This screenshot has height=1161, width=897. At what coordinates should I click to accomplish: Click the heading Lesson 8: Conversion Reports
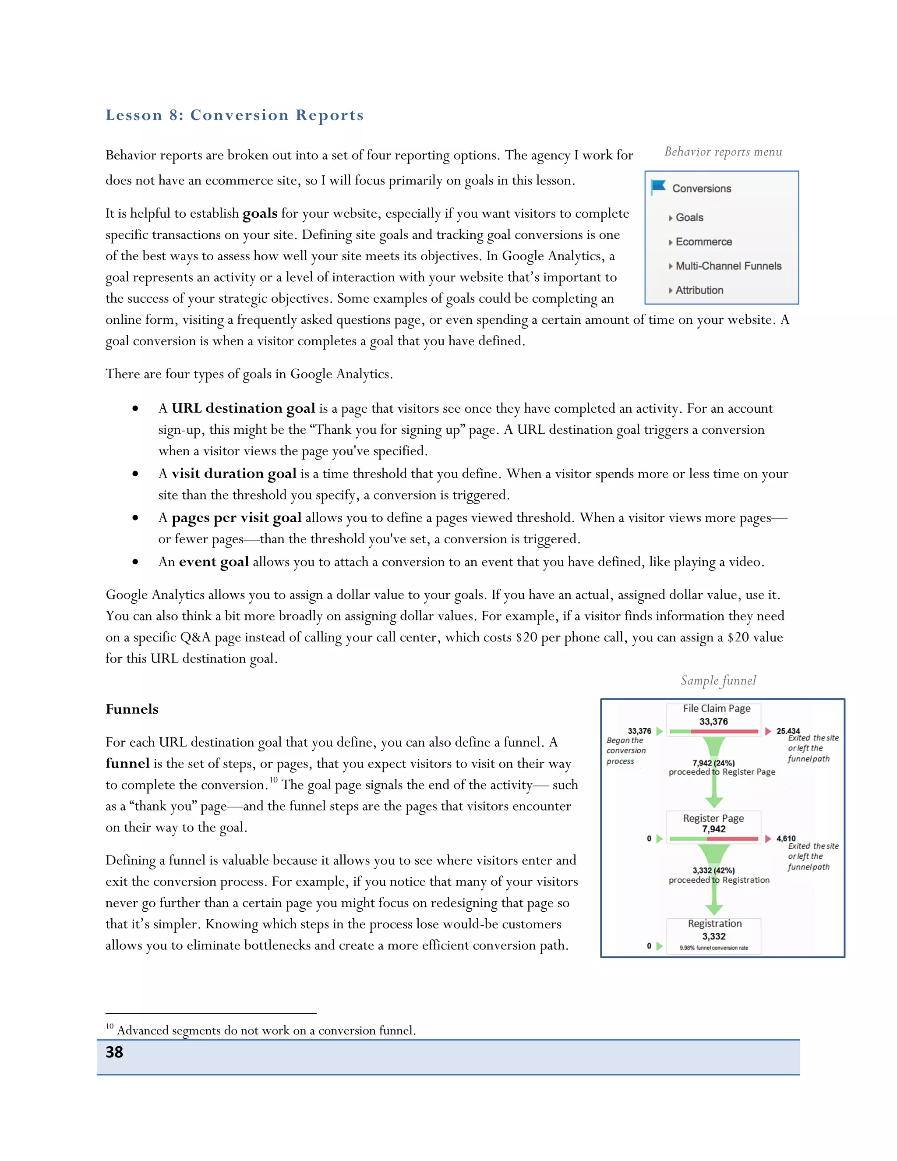click(x=234, y=115)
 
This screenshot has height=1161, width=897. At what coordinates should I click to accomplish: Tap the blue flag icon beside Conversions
click(x=658, y=187)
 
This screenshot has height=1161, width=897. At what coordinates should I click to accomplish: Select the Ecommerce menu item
click(x=703, y=242)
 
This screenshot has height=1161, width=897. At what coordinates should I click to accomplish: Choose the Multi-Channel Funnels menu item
click(x=728, y=266)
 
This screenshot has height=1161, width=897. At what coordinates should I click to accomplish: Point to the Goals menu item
click(x=689, y=217)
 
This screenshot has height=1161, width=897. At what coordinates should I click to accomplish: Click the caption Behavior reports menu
click(x=723, y=152)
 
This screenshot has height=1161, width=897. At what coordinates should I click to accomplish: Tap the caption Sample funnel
click(x=718, y=680)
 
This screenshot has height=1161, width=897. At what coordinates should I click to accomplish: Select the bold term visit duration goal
click(x=234, y=474)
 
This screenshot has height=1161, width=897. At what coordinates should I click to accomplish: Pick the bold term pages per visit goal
click(x=236, y=518)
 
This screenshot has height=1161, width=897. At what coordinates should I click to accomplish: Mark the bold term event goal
click(x=214, y=562)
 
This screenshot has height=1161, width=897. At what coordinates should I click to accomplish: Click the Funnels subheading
click(x=132, y=709)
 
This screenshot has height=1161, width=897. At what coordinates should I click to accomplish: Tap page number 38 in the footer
click(x=114, y=1052)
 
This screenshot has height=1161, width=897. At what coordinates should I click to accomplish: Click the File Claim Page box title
click(x=716, y=708)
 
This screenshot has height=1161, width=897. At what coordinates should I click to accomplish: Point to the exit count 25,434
click(x=788, y=731)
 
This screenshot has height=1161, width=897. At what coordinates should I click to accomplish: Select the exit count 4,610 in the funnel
click(x=786, y=838)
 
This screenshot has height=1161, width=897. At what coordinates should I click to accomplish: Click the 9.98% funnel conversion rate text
click(x=713, y=948)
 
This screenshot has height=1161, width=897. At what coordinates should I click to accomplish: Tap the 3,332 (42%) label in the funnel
click(x=713, y=870)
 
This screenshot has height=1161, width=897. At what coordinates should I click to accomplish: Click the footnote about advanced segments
click(x=266, y=1030)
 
